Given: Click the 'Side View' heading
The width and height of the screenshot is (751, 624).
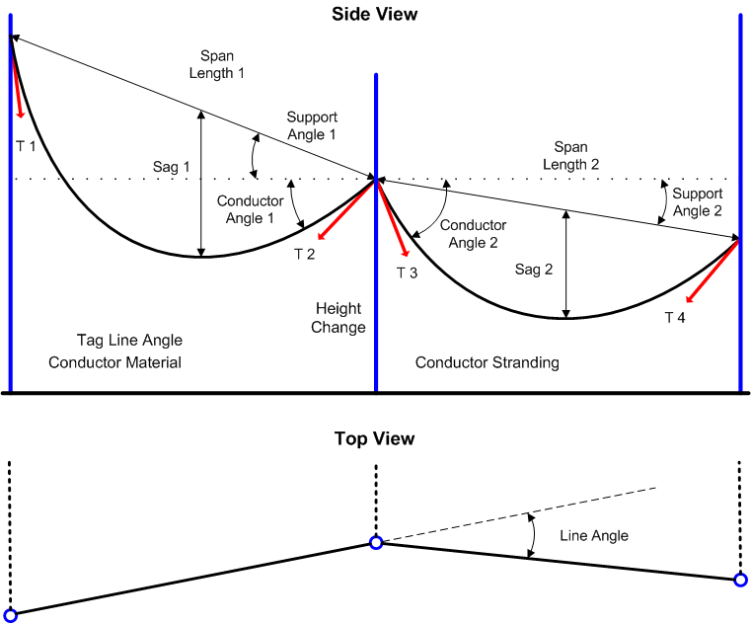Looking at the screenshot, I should (375, 14).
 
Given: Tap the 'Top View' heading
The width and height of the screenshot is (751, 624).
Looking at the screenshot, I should (375, 438).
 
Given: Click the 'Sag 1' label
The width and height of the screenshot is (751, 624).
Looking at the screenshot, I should (172, 167).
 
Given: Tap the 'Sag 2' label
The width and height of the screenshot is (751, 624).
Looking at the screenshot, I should (534, 269).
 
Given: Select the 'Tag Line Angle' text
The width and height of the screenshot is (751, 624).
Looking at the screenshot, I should (129, 341).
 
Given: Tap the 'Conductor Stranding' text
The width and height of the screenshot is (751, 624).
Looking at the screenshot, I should (487, 362).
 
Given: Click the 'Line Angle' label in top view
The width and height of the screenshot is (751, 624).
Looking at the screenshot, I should (594, 535).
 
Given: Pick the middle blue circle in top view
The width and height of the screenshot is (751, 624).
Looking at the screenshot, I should (376, 542).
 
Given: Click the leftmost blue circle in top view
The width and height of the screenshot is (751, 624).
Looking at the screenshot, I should (11, 614).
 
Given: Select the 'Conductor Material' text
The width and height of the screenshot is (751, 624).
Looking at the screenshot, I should (115, 362).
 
